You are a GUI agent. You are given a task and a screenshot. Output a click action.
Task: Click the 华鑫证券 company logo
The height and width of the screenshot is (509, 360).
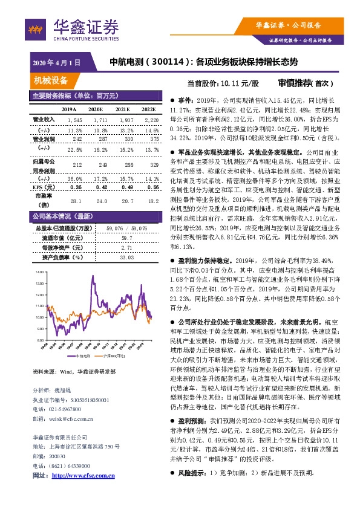tap(75, 28)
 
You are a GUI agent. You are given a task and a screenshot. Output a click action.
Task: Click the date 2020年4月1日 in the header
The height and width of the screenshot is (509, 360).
tap(56, 62)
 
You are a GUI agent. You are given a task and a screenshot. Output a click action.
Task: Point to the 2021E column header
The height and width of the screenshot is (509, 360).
tap(122, 109)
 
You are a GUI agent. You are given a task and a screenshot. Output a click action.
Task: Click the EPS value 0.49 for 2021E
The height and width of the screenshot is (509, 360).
tap(123, 187)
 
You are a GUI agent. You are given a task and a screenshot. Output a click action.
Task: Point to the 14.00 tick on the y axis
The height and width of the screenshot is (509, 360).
tap(40, 274)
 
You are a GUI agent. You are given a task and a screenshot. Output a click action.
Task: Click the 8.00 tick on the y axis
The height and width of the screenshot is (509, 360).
tap(40, 340)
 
